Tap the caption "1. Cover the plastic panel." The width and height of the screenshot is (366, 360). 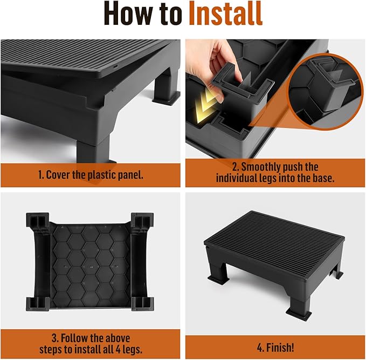(x=91, y=174)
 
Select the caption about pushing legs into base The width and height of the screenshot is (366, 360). (x=275, y=172)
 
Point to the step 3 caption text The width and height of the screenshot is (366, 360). (x=91, y=343)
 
